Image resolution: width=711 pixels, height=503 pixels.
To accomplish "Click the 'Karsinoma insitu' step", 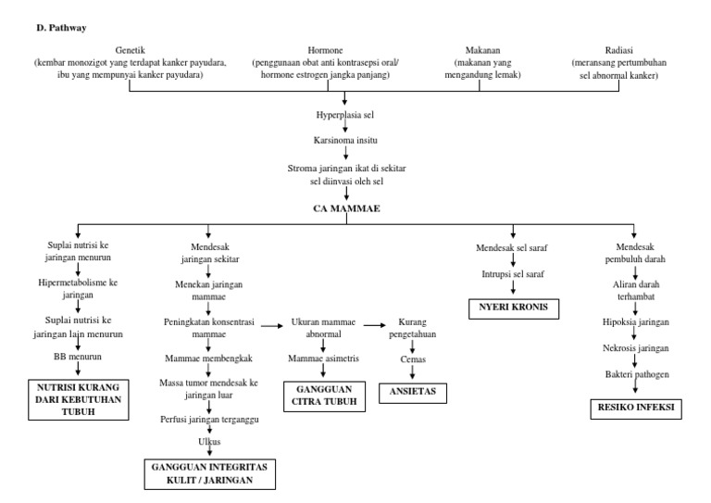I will click(x=344, y=142).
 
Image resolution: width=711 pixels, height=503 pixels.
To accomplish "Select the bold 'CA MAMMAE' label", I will click(x=344, y=208).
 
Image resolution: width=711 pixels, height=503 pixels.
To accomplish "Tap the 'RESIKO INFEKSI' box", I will click(x=632, y=407).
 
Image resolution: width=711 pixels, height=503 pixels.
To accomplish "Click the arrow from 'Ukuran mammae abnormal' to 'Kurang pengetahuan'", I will click(x=373, y=325).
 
